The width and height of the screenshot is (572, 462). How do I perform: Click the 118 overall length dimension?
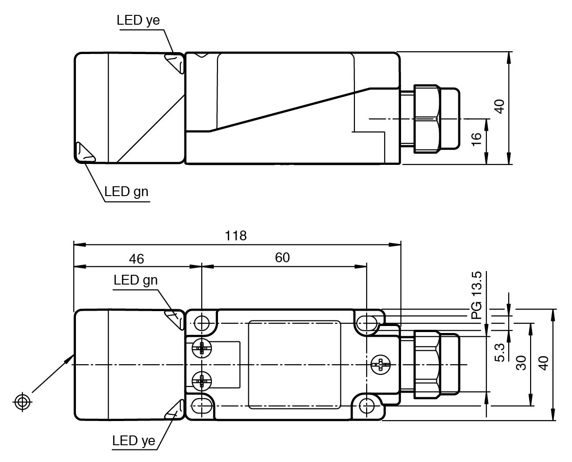coord(236,236)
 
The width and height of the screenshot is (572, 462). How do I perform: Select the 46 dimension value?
coord(136,258)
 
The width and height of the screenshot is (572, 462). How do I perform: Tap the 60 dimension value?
coord(282,258)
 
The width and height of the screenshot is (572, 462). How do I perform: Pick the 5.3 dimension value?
coord(500,353)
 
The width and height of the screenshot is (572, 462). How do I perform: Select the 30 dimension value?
coord(521,363)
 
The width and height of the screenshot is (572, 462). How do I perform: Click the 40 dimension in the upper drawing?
coord(499,107)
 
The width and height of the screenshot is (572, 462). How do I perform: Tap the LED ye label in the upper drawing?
coord(138,20)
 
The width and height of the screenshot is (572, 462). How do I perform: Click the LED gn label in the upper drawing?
coord(126,191)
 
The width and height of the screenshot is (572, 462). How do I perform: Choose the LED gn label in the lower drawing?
coord(136,280)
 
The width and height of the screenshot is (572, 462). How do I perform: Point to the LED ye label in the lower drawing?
coord(134,441)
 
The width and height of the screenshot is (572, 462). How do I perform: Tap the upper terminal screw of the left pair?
coord(202,348)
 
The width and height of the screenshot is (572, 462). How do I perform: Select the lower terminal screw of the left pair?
coord(202,381)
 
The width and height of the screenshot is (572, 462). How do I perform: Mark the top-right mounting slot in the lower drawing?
coord(368,322)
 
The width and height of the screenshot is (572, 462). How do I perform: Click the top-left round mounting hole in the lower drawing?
coord(202,322)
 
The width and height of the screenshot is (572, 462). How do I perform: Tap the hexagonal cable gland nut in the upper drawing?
coord(426,119)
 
